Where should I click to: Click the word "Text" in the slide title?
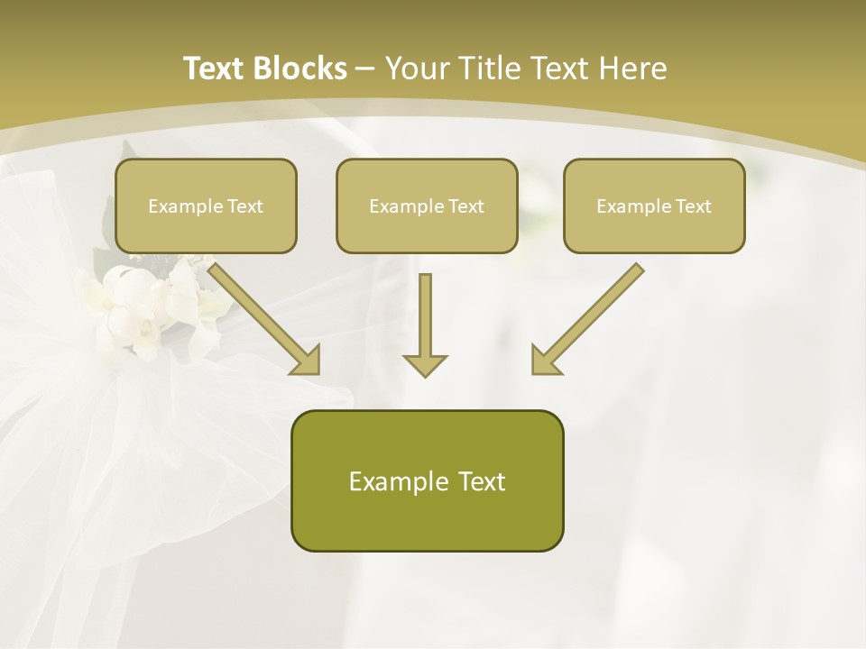tap(214, 69)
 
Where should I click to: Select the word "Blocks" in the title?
tap(299, 69)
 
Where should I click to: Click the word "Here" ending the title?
tap(632, 69)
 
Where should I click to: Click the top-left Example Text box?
tap(206, 206)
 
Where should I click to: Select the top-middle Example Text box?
tap(427, 206)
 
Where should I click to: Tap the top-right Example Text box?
tap(654, 206)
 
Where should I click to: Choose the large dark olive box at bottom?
tap(427, 480)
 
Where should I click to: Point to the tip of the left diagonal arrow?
tap(316, 370)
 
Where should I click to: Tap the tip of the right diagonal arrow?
tap(536, 370)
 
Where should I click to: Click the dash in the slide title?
tap(365, 69)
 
